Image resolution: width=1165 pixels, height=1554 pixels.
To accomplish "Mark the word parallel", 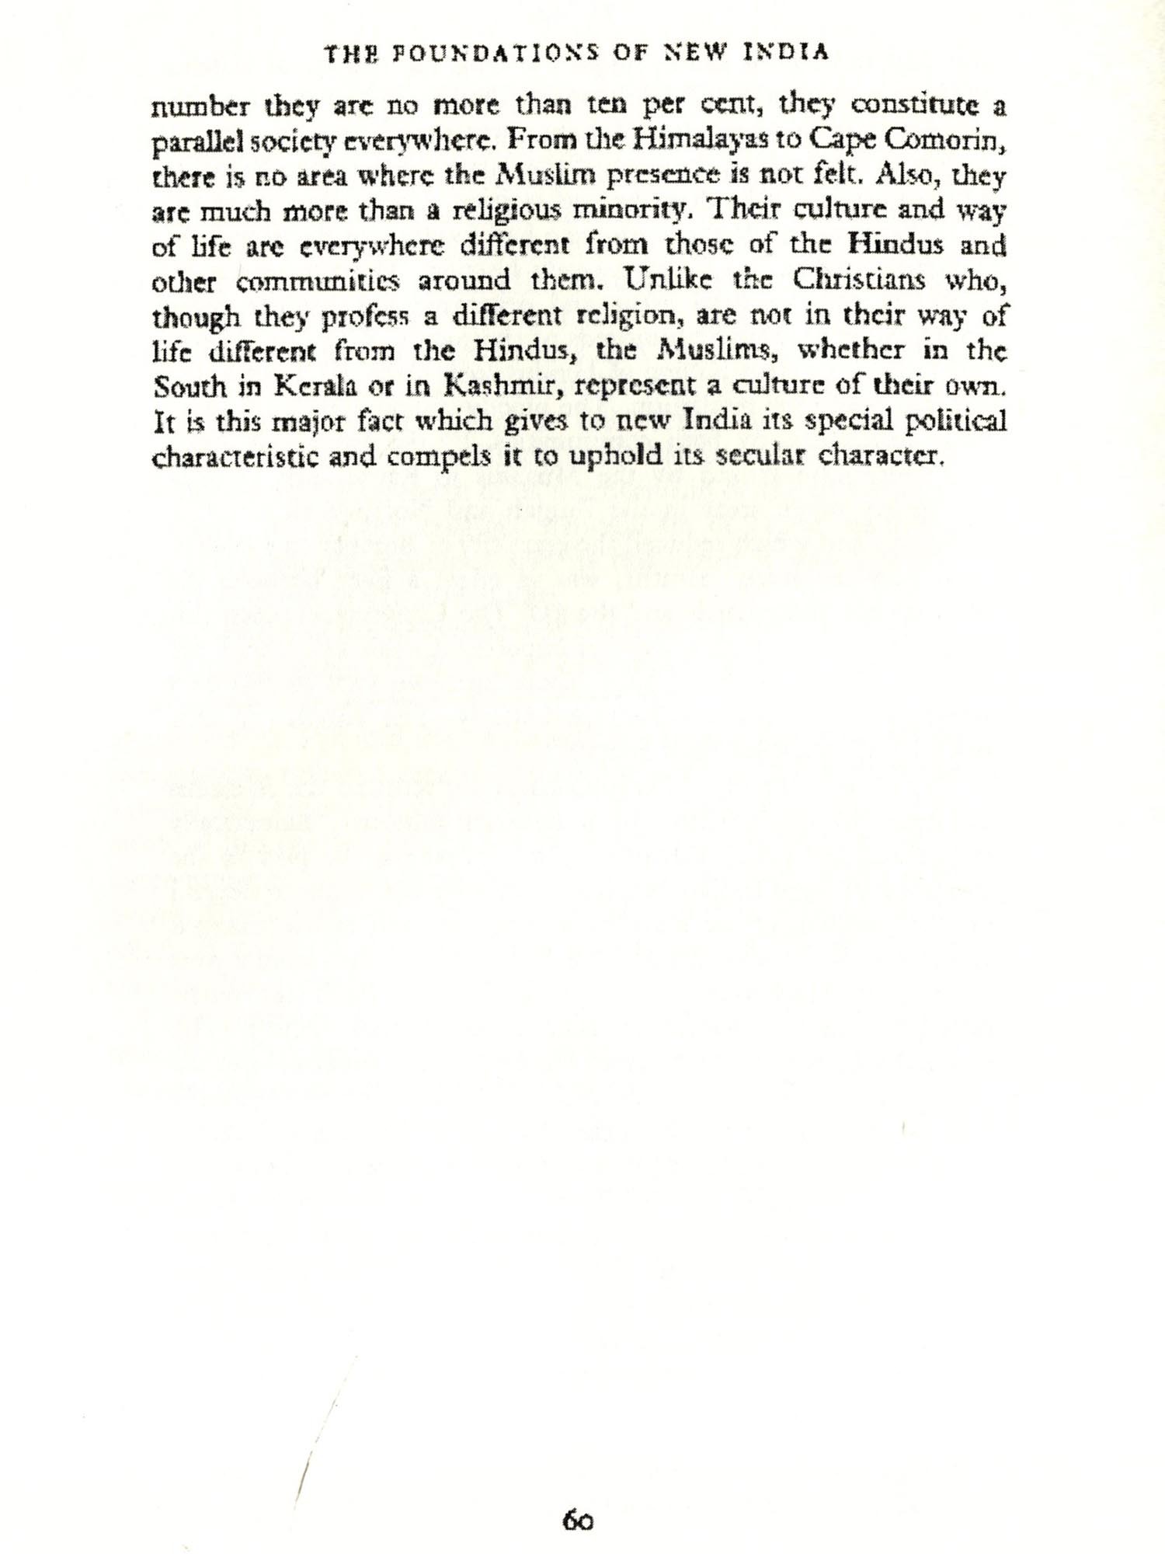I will [x=193, y=141].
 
